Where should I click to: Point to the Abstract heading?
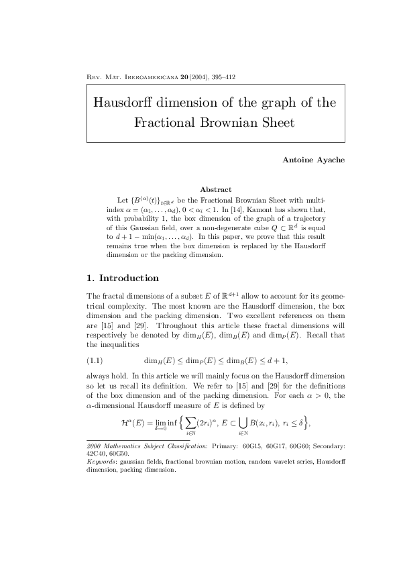[x=216, y=190]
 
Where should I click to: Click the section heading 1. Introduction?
[x=123, y=278]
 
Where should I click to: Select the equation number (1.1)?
[x=95, y=360]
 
